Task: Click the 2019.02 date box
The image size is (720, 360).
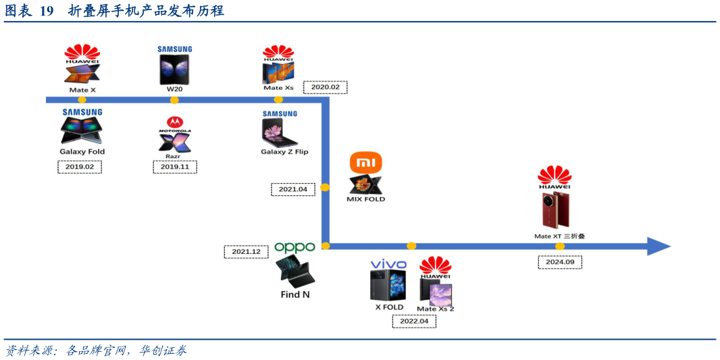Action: point(79,167)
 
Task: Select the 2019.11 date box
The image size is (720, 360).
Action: point(174,167)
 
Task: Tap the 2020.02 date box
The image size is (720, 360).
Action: point(325,87)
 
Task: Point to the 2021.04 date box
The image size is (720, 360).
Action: point(292,190)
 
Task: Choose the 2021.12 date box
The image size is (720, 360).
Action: point(246,252)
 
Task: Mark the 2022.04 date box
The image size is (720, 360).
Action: point(414,322)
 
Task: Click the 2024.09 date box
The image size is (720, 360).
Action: point(559,263)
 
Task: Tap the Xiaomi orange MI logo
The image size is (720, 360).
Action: point(365,163)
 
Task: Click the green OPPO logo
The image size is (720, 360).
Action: point(294,248)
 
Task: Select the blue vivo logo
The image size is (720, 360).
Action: point(388,264)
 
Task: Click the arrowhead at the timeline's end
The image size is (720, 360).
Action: point(658,247)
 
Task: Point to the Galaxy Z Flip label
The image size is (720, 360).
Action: point(284,152)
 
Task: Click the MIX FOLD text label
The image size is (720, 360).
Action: point(365,199)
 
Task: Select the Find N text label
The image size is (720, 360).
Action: point(295,294)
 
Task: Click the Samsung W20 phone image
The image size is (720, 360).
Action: point(174,69)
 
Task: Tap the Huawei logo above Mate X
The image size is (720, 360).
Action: point(82,54)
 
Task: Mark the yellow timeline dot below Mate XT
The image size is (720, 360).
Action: point(559,247)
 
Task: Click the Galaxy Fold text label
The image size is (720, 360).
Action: point(82,152)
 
